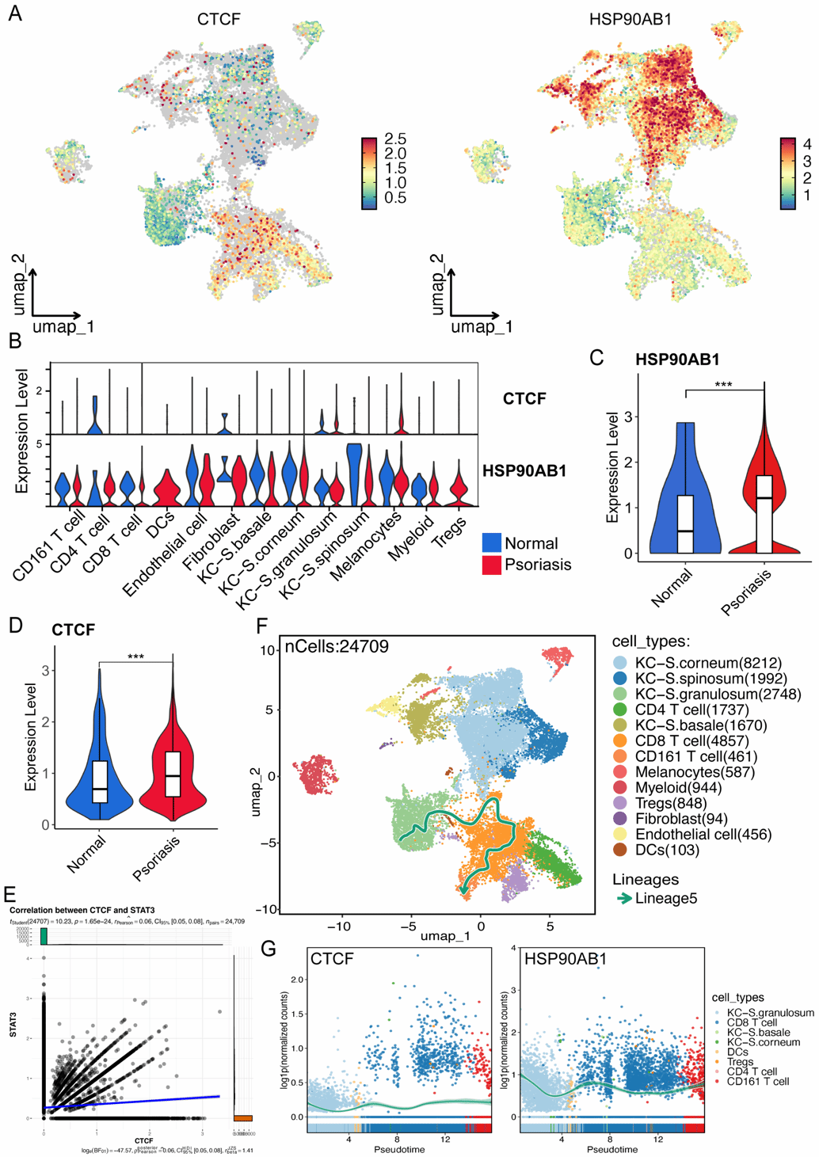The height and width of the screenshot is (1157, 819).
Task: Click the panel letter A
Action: tap(15, 13)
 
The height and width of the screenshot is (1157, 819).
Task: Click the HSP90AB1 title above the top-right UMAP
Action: tap(630, 19)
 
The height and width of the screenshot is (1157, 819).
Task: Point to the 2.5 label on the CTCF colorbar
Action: tap(395, 139)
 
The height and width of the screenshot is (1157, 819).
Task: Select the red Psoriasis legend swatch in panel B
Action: tap(491, 565)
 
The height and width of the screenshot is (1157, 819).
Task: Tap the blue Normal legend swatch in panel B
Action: tap(491, 543)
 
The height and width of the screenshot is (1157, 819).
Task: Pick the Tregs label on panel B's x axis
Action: tap(448, 532)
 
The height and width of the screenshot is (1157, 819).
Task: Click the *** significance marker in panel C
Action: tap(723, 386)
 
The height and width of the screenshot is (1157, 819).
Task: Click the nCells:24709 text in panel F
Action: tap(337, 647)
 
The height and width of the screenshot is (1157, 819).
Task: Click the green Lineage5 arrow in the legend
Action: tap(623, 898)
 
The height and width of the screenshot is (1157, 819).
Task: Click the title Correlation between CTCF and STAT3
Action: tap(82, 911)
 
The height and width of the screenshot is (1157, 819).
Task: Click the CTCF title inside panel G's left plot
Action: tap(332, 960)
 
